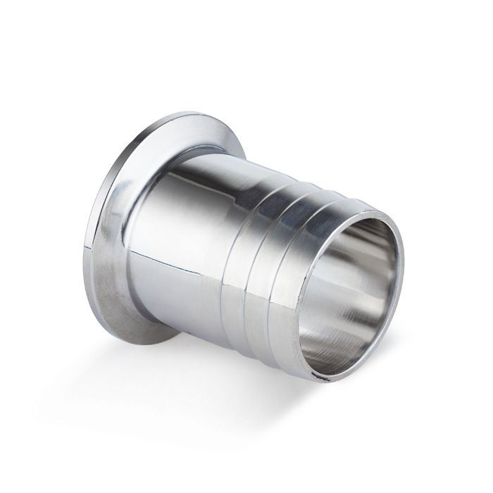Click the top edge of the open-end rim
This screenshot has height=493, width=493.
point(366,207)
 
